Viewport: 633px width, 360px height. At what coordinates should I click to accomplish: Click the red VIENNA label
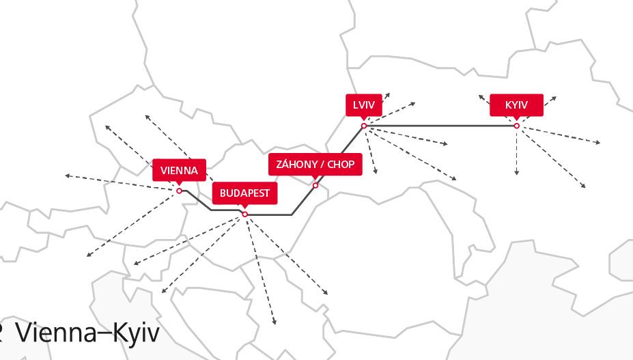179,170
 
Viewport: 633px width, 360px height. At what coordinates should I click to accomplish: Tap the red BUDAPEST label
244,193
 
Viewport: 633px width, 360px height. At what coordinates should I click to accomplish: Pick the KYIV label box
516,105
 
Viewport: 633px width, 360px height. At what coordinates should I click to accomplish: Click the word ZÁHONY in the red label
298,165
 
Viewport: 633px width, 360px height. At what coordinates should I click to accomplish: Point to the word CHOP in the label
341,165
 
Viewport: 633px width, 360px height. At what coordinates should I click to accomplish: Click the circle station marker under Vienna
180,191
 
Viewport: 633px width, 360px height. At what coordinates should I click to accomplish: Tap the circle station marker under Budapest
245,214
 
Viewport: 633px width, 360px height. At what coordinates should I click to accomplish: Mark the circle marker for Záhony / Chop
315,185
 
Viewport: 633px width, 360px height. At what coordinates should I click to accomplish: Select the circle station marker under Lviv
364,126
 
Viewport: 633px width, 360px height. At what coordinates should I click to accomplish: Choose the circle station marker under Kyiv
517,126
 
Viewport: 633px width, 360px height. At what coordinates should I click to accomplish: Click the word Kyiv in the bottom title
134,333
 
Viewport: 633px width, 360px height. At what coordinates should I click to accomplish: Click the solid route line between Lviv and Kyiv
440,126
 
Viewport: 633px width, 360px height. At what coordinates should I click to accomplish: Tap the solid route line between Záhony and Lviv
340,155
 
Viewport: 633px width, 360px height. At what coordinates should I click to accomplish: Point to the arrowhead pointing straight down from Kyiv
517,174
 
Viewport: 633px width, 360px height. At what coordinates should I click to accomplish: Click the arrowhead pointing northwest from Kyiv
481,97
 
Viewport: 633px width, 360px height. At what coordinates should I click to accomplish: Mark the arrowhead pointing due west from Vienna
67,176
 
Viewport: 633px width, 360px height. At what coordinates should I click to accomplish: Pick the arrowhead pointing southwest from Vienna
89,255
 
